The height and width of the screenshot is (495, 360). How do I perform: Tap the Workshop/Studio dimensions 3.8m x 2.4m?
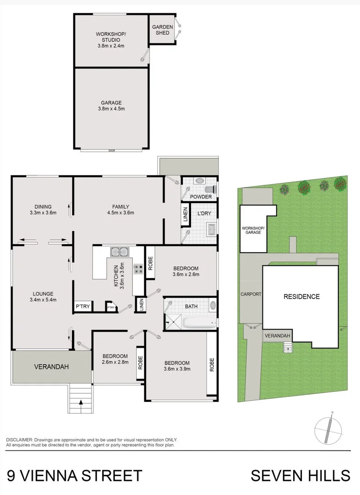point(110,46)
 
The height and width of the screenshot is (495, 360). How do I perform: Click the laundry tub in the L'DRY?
point(211,228)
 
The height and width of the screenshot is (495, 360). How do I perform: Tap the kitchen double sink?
point(119,252)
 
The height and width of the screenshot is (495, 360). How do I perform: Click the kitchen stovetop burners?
point(138,269)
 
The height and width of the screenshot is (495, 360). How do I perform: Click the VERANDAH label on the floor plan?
point(51,367)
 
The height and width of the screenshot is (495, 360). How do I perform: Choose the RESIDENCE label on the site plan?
point(301,297)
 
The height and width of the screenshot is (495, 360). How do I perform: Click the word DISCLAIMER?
point(19,439)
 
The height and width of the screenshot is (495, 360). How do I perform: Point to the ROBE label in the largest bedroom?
point(212,364)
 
